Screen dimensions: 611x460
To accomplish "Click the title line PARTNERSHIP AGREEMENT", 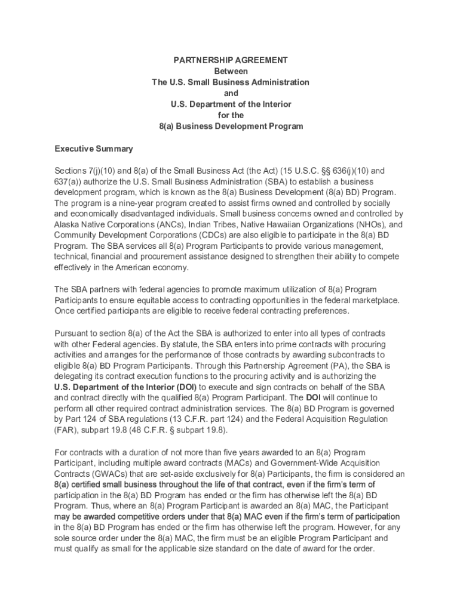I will (x=230, y=60).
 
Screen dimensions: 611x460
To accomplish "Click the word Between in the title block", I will (x=231, y=71).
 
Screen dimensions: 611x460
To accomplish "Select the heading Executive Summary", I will (x=94, y=149).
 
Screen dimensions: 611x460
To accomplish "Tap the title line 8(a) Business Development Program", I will (x=231, y=126).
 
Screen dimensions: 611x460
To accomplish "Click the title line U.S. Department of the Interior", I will (x=231, y=104).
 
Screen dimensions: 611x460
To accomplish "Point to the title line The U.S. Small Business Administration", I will (x=231, y=82).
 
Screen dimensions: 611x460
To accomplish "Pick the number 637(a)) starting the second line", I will (x=68, y=181).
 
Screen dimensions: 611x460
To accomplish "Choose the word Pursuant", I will (x=72, y=333).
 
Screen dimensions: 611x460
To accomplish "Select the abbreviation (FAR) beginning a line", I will (x=65, y=430).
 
